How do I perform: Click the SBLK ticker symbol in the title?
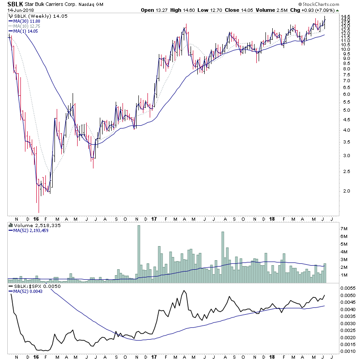(13, 4)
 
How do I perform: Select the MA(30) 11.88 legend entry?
(25, 20)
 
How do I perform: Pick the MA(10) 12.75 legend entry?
(25, 25)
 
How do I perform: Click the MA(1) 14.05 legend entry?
(23, 30)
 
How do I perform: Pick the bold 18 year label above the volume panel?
(273, 219)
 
